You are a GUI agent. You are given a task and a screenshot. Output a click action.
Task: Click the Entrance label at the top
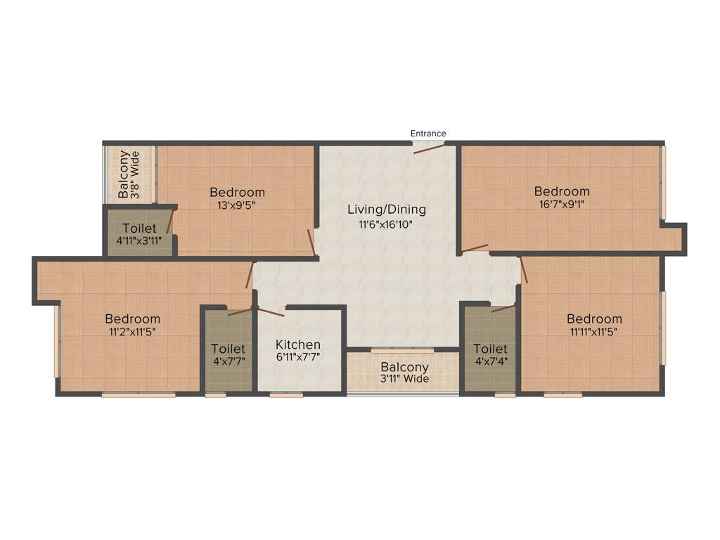point(428,134)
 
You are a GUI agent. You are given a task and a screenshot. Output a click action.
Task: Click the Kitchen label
point(298,345)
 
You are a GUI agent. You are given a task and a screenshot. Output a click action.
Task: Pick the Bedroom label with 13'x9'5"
point(238,192)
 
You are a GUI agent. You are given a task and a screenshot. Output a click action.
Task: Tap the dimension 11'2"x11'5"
point(133,333)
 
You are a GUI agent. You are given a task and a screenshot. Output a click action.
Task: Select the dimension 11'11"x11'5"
point(594,333)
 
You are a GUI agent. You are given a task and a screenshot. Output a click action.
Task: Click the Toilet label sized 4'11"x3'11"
point(139,229)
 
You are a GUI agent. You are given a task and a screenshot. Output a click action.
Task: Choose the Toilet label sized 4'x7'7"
point(229,349)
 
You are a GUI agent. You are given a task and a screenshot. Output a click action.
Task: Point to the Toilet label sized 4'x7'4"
point(490,349)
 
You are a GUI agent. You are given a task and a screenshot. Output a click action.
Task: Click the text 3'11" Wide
point(405,380)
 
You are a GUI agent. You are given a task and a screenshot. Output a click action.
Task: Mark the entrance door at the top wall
point(428,146)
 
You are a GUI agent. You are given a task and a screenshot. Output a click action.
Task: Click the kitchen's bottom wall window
point(286,395)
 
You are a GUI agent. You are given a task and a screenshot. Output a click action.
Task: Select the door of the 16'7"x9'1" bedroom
point(475,247)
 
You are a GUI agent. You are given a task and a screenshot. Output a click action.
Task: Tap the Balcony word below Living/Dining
point(405,367)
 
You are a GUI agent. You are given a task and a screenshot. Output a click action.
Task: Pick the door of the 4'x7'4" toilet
point(503,308)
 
